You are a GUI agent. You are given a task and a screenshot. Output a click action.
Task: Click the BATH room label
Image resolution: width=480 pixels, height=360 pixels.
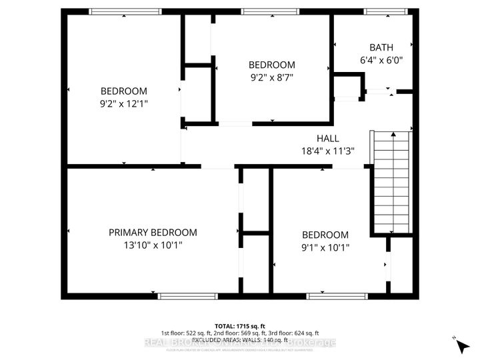(381, 47)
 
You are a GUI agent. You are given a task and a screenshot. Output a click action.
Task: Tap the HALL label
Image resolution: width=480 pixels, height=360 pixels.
(327, 138)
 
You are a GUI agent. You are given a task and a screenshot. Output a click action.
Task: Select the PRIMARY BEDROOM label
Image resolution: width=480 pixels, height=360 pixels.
(153, 232)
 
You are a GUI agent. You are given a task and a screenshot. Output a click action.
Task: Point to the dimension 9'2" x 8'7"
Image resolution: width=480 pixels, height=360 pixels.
(271, 77)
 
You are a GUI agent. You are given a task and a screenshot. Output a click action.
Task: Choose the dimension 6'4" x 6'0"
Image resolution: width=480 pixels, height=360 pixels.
(381, 60)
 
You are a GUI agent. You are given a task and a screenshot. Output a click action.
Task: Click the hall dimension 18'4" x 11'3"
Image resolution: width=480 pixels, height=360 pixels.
(327, 151)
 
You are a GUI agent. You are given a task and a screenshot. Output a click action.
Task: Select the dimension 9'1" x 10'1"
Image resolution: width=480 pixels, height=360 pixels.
(325, 247)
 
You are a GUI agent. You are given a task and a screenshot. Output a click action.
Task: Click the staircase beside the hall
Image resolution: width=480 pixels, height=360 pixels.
(392, 181)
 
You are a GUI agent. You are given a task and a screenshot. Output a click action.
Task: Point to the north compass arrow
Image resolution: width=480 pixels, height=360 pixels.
(459, 345)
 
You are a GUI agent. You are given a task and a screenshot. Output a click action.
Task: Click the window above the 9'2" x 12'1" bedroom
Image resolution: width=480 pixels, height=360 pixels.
(125, 11)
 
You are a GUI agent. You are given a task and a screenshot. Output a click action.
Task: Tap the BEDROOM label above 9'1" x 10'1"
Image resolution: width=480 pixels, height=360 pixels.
(325, 235)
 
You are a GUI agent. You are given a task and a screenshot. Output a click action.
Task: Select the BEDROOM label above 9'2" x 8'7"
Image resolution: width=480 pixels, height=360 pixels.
(271, 65)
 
